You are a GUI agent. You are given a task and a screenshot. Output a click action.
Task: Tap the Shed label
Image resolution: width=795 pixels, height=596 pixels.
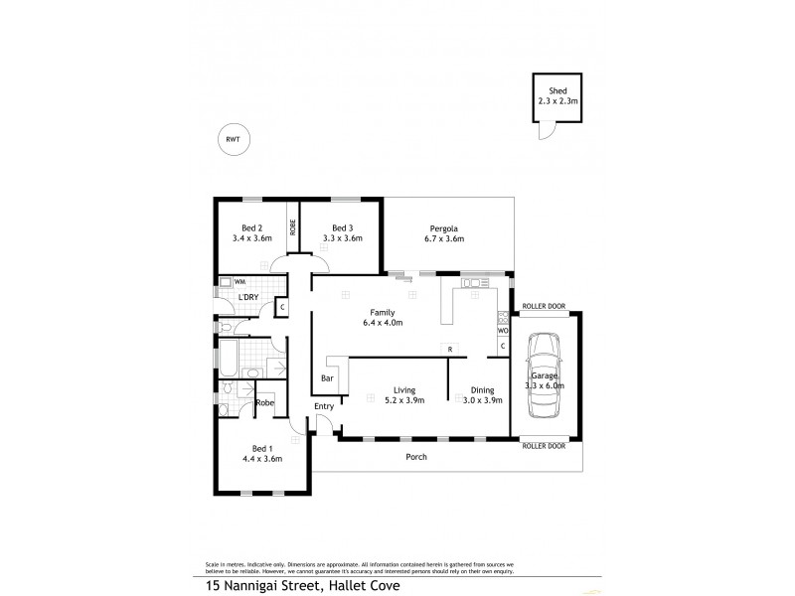(557, 90)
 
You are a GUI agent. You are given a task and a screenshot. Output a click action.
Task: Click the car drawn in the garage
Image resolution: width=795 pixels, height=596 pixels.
(544, 375)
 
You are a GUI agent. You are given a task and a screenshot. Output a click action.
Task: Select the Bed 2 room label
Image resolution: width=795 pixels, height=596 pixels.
(252, 226)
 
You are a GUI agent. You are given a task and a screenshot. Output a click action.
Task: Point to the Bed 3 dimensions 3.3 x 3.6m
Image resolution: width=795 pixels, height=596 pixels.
(342, 238)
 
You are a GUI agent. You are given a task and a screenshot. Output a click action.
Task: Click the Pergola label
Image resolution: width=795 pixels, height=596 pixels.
(443, 226)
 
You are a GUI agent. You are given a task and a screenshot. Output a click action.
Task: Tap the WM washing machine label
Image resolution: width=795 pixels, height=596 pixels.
(239, 282)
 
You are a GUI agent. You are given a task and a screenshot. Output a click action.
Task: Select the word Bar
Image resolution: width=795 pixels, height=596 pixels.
(327, 378)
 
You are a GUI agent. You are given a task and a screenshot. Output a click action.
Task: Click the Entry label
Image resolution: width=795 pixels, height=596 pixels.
(324, 407)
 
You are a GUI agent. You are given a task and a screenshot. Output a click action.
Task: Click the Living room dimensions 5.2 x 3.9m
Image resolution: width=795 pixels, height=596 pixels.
(403, 401)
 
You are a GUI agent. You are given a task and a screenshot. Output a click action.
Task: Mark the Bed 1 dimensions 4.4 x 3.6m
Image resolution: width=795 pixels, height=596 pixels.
(261, 459)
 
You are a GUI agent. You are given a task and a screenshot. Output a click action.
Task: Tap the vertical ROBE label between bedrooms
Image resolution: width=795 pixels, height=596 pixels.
(293, 225)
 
